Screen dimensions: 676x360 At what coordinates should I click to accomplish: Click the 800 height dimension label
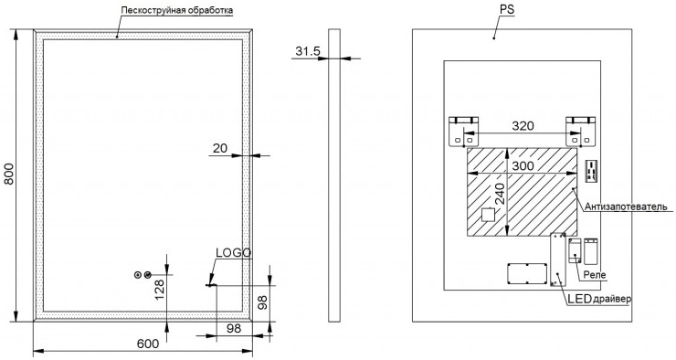(8, 174)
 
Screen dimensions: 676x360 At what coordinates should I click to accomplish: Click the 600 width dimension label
(148, 344)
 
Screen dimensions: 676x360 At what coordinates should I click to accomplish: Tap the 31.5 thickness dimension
(308, 51)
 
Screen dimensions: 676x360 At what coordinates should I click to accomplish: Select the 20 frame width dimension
(220, 148)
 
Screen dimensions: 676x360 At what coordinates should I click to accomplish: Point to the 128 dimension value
(159, 290)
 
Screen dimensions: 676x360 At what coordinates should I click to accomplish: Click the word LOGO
(233, 253)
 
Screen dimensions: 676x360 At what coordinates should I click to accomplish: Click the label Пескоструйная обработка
(176, 10)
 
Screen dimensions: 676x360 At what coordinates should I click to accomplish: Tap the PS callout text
(507, 9)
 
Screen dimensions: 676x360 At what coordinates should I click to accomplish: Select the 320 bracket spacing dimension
(523, 126)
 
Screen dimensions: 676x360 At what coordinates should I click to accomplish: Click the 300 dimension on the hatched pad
(523, 165)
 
